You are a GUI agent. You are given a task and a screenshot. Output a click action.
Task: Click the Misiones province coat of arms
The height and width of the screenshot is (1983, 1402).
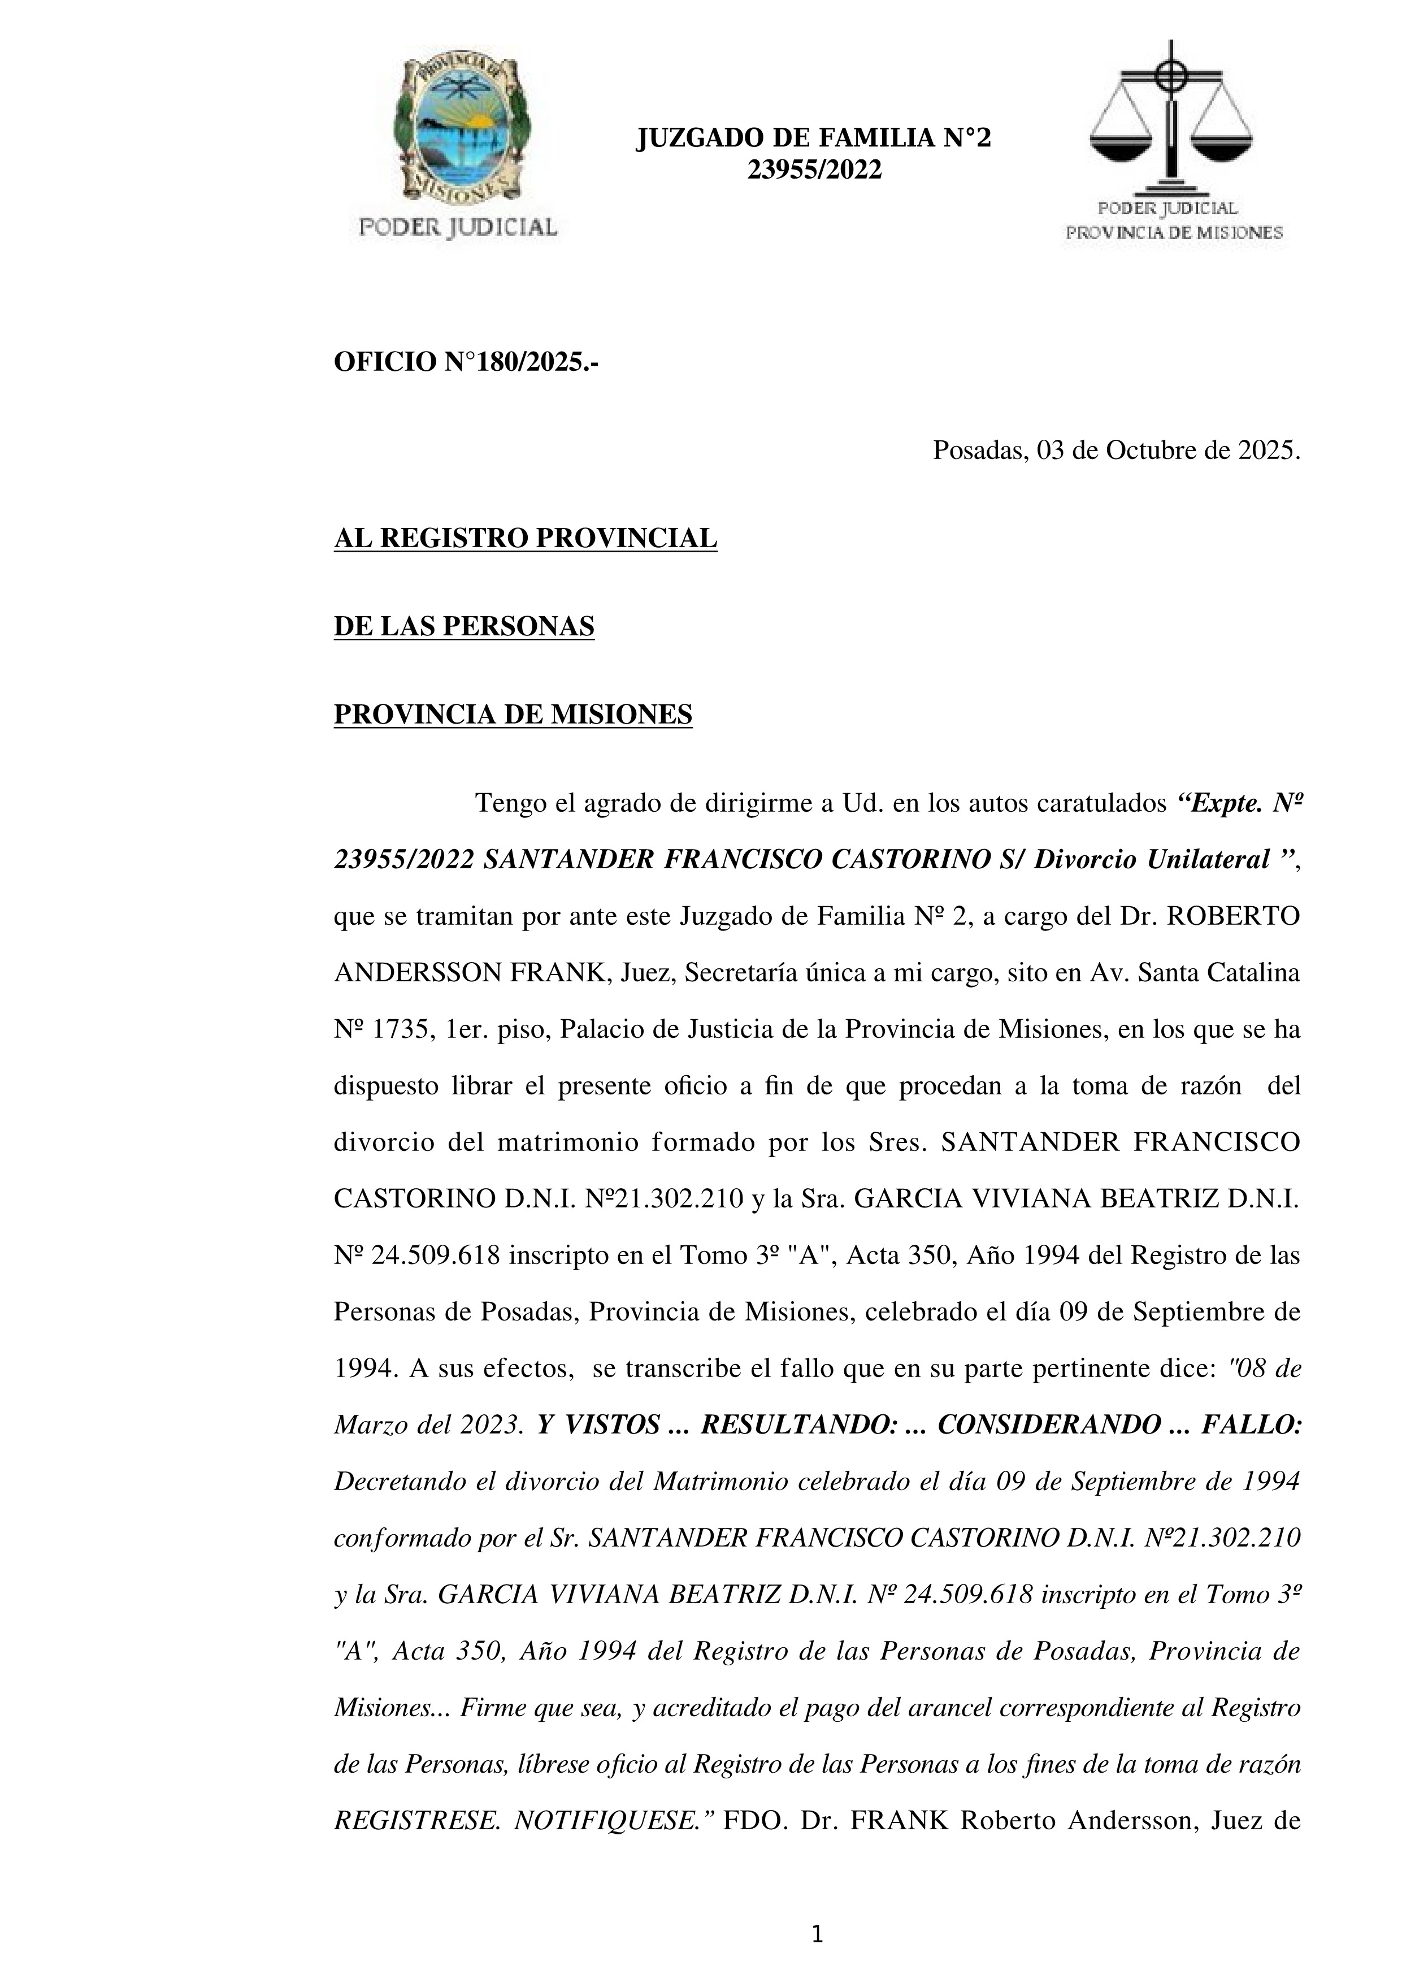pyautogui.click(x=458, y=129)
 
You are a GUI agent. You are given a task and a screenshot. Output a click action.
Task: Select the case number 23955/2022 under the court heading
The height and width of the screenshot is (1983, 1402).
pyautogui.click(x=814, y=170)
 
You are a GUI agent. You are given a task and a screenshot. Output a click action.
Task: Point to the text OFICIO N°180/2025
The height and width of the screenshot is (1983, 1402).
pyautogui.click(x=466, y=363)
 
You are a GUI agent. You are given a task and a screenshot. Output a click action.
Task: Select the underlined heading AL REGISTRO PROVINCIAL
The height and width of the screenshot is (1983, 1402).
pyautogui.click(x=525, y=539)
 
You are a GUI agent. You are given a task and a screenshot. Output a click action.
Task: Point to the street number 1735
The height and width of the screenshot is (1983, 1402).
pyautogui.click(x=397, y=1029)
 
